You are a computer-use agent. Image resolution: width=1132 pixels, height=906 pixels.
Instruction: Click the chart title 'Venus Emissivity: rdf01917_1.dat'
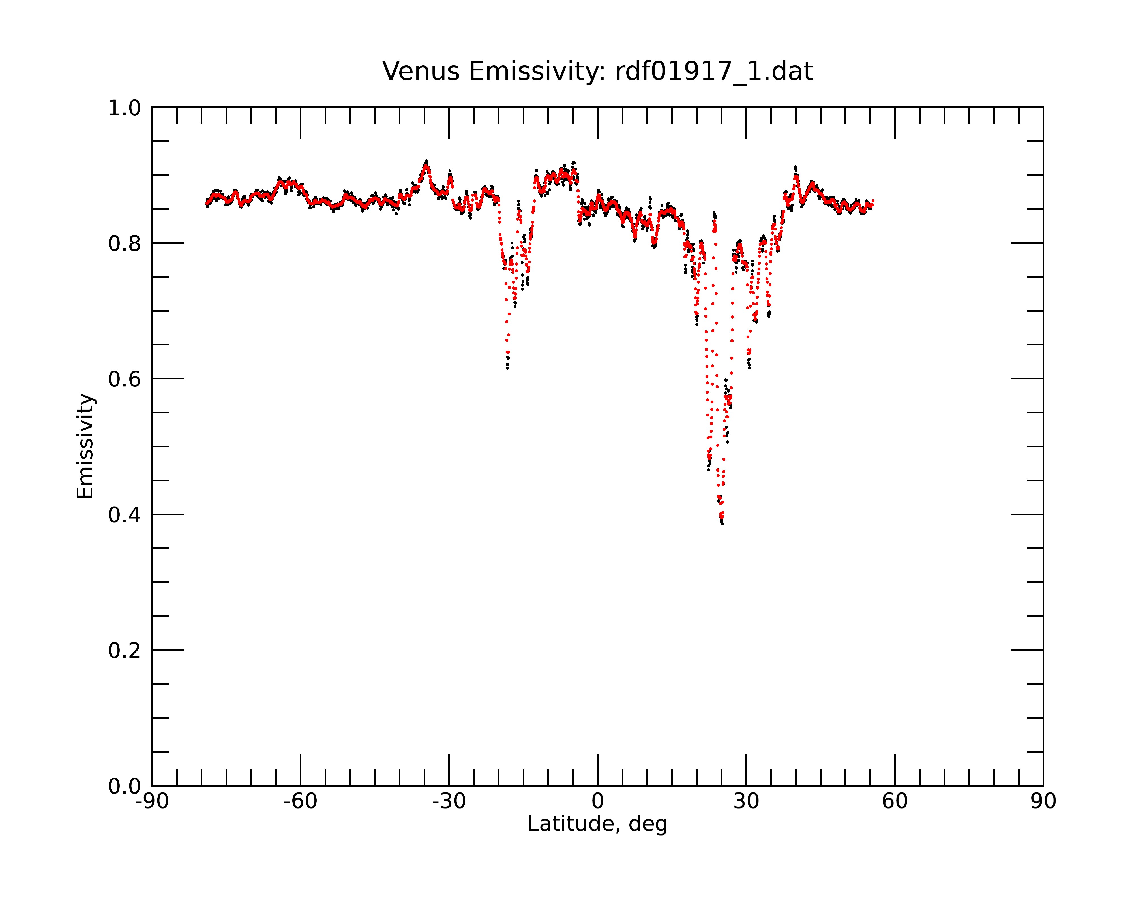coord(597,71)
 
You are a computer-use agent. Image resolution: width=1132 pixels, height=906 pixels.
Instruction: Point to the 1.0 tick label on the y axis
coord(125,109)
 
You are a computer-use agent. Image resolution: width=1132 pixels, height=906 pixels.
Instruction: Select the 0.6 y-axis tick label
coord(125,379)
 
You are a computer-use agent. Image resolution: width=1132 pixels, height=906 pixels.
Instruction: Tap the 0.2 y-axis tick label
coord(125,651)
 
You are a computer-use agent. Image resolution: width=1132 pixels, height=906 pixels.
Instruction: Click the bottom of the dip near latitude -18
coord(508,368)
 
